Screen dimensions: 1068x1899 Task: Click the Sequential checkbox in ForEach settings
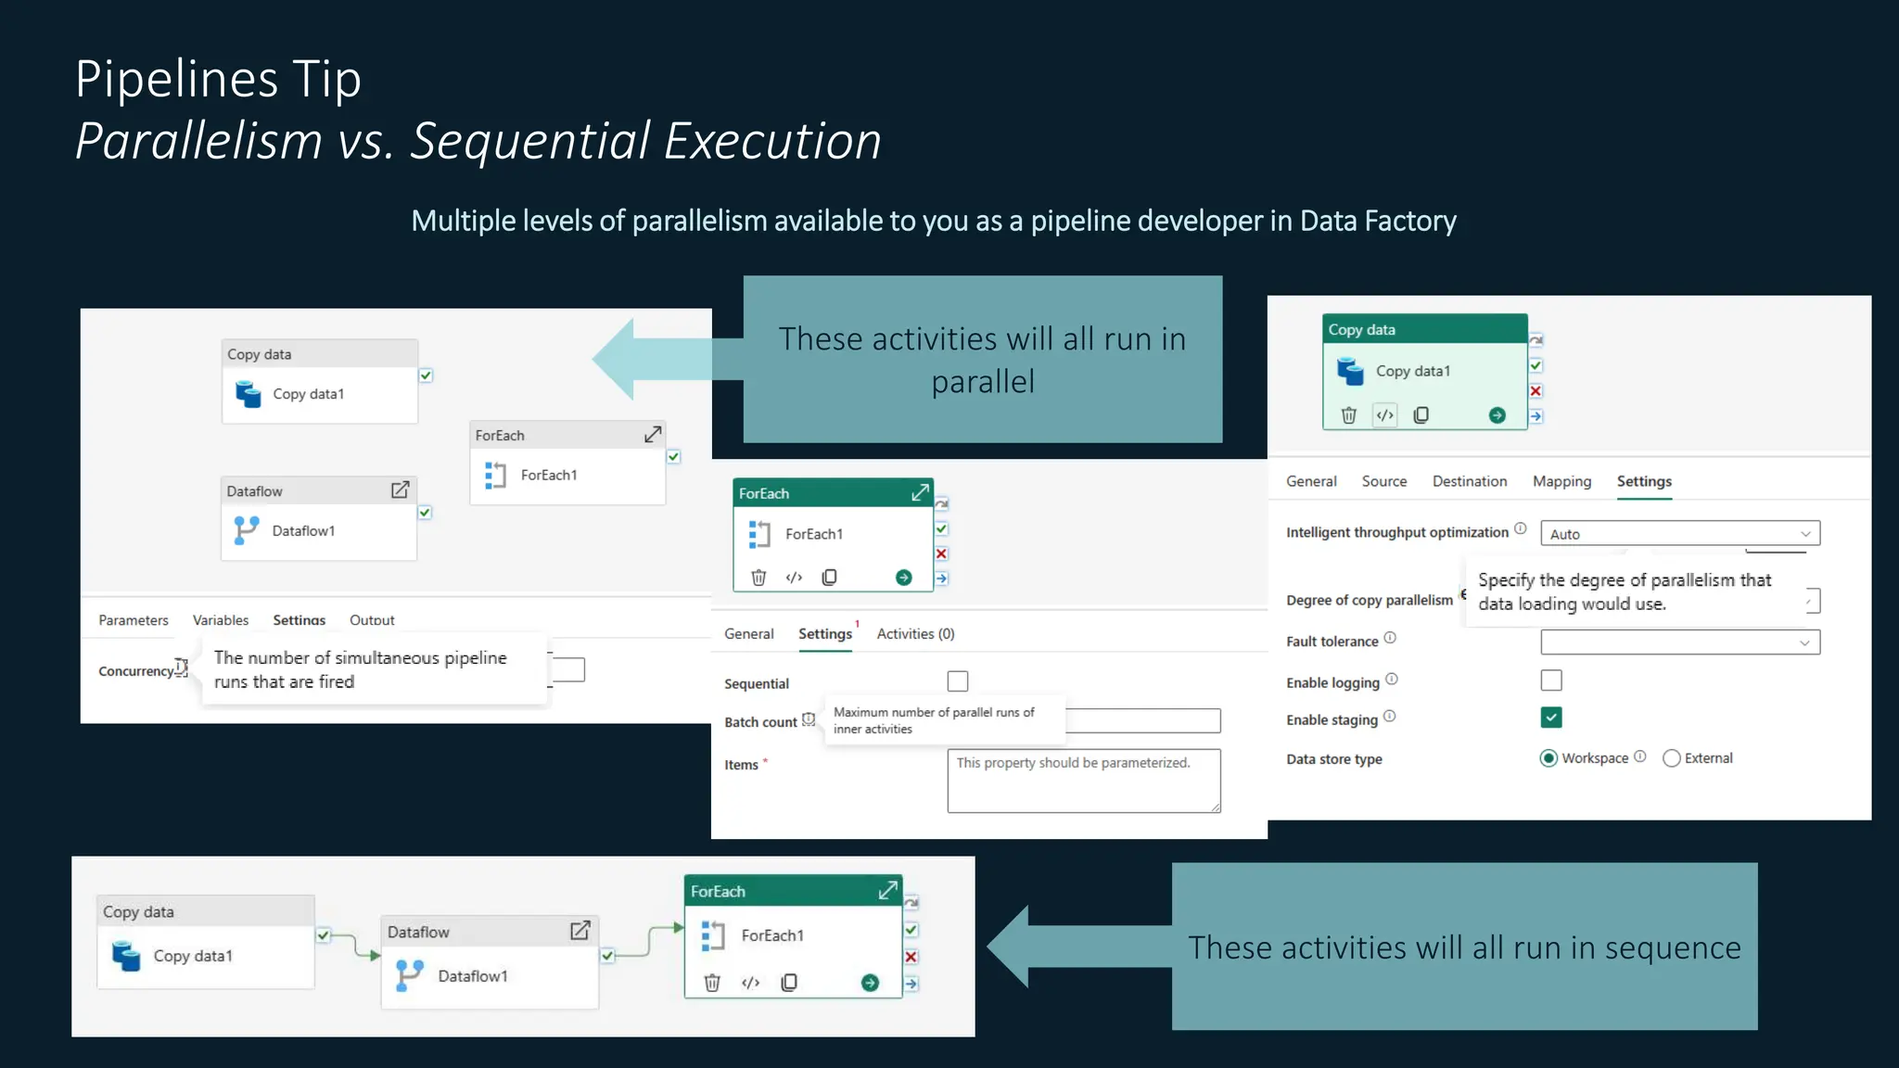click(x=958, y=681)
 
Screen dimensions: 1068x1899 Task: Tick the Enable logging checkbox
click(x=1551, y=680)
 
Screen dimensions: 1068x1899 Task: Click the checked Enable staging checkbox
click(x=1551, y=718)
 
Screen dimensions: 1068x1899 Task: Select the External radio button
click(x=1672, y=758)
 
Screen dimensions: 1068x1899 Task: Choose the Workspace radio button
click(x=1549, y=758)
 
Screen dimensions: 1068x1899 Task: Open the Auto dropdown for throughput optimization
click(x=1680, y=534)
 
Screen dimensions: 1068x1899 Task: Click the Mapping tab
click(x=1561, y=481)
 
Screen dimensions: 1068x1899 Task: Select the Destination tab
click(x=1469, y=481)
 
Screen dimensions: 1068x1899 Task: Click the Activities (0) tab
click(x=915, y=634)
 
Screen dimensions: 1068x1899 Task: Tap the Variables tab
click(x=221, y=620)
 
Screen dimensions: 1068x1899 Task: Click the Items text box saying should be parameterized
click(x=1083, y=781)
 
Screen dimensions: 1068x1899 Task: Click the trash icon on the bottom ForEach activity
click(x=712, y=983)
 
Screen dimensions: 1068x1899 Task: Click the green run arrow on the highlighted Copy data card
click(x=1497, y=415)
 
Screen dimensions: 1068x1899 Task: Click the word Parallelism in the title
click(x=198, y=141)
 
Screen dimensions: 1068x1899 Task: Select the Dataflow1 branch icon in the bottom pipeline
click(x=409, y=974)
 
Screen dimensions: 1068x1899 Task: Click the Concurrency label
click(x=136, y=671)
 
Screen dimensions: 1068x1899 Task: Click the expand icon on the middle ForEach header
click(x=919, y=493)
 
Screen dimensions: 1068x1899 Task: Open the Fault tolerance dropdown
click(x=1680, y=642)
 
